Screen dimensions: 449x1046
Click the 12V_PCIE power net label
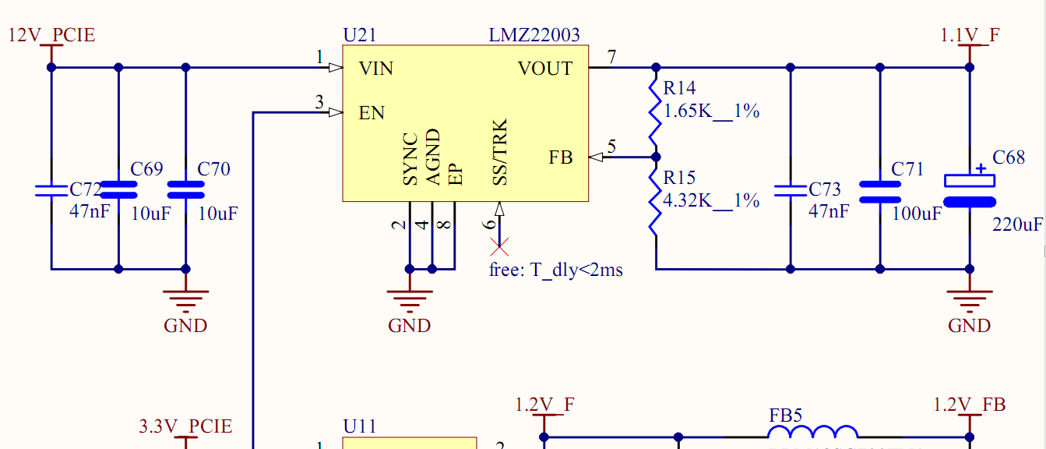pyautogui.click(x=51, y=35)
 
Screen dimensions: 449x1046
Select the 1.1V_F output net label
pyautogui.click(x=970, y=35)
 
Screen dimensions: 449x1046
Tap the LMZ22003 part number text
pyautogui.click(x=534, y=35)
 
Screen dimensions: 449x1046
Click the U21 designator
pyautogui.click(x=359, y=35)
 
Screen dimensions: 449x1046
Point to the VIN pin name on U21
pyautogui.click(x=376, y=69)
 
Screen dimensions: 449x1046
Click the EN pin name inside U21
pyautogui.click(x=372, y=113)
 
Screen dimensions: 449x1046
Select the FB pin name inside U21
pyautogui.click(x=561, y=157)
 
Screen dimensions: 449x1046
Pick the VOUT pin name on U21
pyautogui.click(x=545, y=69)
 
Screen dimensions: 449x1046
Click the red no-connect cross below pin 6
pyautogui.click(x=499, y=248)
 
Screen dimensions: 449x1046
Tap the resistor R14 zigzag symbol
pyautogui.click(x=655, y=111)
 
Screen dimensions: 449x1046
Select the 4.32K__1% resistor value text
pyautogui.click(x=710, y=200)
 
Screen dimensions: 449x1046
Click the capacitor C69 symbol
pyautogui.click(x=118, y=189)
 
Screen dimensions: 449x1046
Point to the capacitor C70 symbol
pyautogui.click(x=185, y=189)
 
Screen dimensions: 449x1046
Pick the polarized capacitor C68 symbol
pyautogui.click(x=970, y=190)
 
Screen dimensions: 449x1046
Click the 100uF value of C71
pyautogui.click(x=917, y=213)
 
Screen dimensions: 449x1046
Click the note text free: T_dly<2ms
pyautogui.click(x=555, y=270)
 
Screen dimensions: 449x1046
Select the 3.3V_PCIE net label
pyautogui.click(x=185, y=426)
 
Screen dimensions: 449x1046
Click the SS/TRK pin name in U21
pyautogui.click(x=500, y=153)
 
